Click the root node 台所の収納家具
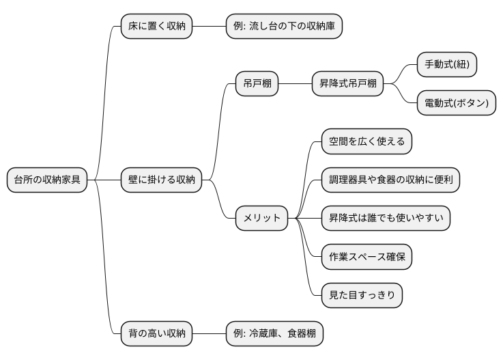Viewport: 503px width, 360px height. tap(47, 180)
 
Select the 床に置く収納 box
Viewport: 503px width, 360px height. tap(156, 27)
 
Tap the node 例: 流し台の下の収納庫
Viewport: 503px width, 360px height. tap(284, 27)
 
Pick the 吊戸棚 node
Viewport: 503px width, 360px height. tap(257, 84)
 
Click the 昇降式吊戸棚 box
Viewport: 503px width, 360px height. tap(347, 84)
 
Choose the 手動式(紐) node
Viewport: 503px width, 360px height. tap(447, 65)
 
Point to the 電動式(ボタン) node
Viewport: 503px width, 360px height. tap(457, 103)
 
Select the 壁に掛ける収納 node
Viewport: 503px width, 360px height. tap(161, 180)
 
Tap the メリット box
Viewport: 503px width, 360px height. tap(261, 218)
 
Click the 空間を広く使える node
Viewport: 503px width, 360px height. tap(367, 141)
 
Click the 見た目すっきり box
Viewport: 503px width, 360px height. tap(362, 295)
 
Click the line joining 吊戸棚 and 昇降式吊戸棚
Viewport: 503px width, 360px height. tap(295, 84)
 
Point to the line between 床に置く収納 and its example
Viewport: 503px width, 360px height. tap(209, 27)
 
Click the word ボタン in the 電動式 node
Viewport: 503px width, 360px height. tap(471, 103)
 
